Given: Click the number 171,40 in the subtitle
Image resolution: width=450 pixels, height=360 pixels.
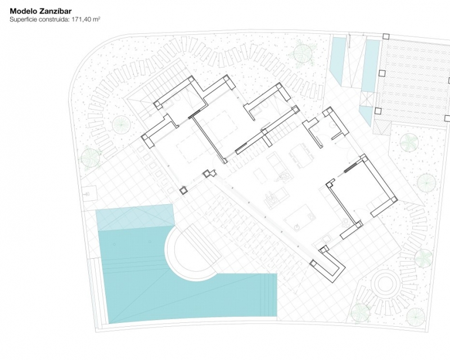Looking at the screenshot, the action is pyautogui.click(x=82, y=20).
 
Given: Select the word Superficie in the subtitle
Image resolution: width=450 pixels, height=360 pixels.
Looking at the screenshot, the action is pyautogui.click(x=22, y=20).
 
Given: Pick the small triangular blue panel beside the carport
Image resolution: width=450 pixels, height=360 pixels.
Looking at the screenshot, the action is pyautogui.click(x=366, y=115).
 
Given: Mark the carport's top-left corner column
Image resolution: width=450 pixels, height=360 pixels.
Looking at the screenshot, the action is pyautogui.click(x=386, y=37).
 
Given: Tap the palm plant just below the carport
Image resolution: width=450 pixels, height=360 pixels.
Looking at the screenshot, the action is pyautogui.click(x=408, y=142).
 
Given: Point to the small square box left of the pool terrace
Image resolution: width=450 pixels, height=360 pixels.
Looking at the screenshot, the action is pyautogui.click(x=88, y=194).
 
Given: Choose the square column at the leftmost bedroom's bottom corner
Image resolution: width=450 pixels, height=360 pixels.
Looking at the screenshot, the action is pyautogui.click(x=183, y=190).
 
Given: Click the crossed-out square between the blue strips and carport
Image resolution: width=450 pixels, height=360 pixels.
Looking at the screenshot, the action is pyautogui.click(x=367, y=99).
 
